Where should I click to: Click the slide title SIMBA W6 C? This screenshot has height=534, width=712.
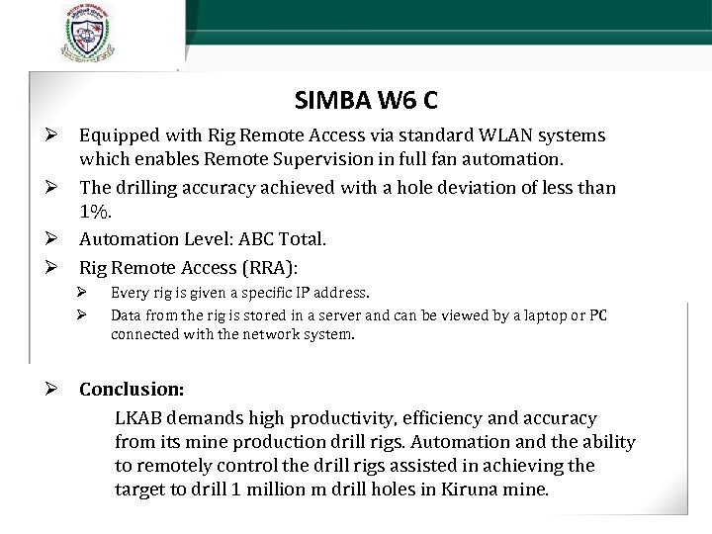coord(367,100)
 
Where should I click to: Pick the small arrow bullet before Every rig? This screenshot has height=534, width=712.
coord(85,293)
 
